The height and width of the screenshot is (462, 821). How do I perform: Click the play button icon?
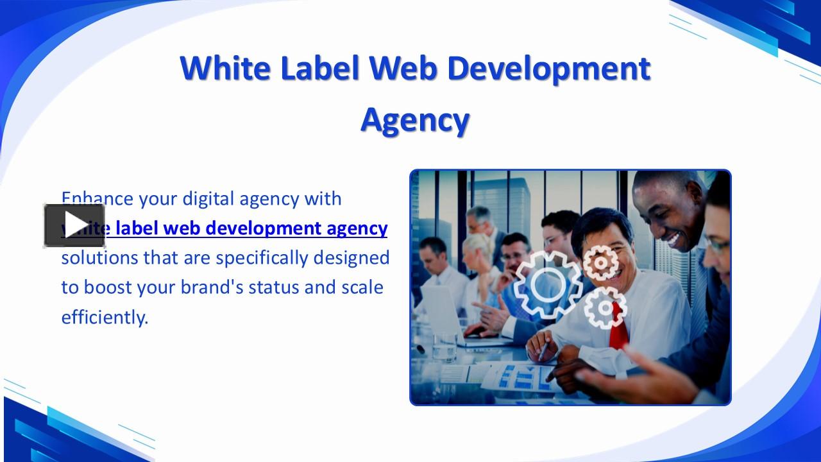click(74, 225)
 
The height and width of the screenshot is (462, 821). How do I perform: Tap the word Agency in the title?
click(415, 119)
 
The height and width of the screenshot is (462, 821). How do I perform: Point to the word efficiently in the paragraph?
click(105, 316)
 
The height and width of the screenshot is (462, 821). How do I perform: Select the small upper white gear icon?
click(600, 263)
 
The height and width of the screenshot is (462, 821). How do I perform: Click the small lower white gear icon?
click(605, 308)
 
